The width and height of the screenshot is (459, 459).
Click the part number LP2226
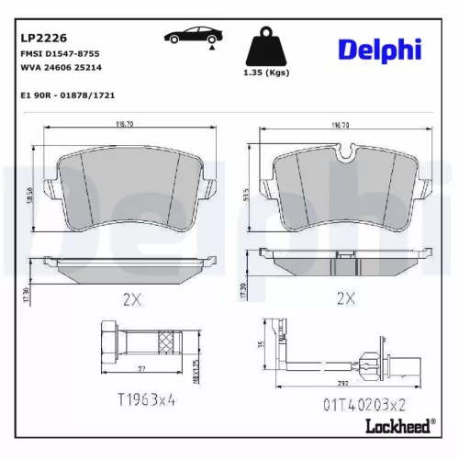[x=41, y=39]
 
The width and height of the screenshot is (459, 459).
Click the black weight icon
[x=267, y=48]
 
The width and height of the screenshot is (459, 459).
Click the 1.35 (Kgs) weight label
[x=266, y=73]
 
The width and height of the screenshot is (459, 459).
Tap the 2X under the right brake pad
[x=346, y=297]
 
